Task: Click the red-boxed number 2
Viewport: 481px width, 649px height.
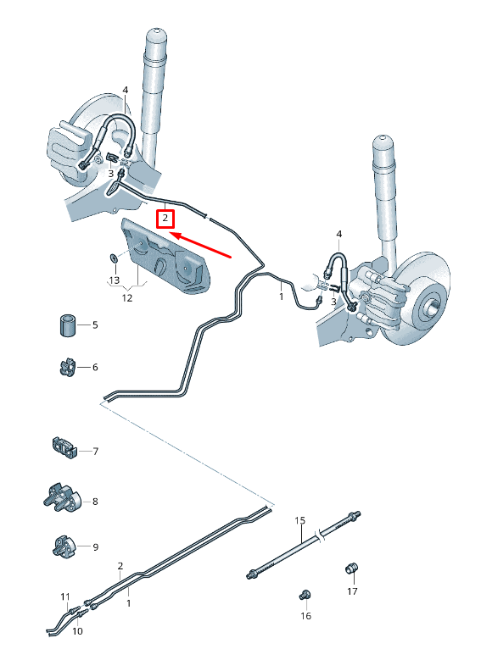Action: pyautogui.click(x=166, y=219)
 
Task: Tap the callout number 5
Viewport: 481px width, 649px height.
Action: pyautogui.click(x=95, y=325)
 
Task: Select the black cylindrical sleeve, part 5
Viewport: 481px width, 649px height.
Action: pyautogui.click(x=66, y=324)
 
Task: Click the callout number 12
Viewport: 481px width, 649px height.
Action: pyautogui.click(x=127, y=297)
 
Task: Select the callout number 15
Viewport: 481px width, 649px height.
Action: pyautogui.click(x=299, y=520)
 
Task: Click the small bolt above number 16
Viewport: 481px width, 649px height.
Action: pyautogui.click(x=305, y=596)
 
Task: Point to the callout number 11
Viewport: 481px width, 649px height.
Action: pyautogui.click(x=65, y=598)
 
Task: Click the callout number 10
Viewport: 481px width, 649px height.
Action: pyautogui.click(x=77, y=631)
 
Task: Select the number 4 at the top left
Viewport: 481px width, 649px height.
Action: pyautogui.click(x=125, y=90)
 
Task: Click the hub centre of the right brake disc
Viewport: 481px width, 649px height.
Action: pyautogui.click(x=433, y=303)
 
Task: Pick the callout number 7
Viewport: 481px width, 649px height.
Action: pyautogui.click(x=95, y=452)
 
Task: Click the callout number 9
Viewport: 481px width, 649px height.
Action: pyautogui.click(x=95, y=547)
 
